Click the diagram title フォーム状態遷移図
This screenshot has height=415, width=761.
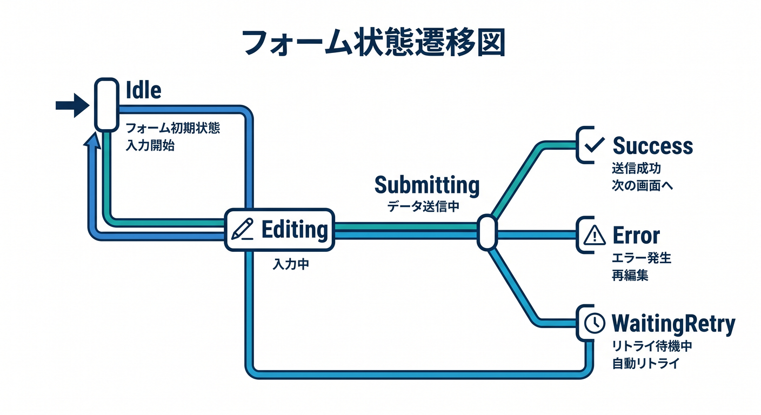373,43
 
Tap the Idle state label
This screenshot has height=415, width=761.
143,90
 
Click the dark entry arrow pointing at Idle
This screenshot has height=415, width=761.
72,105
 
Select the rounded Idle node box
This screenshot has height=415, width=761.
106,105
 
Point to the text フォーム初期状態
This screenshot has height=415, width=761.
173,128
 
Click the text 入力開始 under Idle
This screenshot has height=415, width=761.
150,145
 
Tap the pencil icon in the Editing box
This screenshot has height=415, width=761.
242,229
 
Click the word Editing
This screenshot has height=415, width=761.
295,230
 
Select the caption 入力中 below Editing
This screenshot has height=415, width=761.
291,264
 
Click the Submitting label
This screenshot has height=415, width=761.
427,185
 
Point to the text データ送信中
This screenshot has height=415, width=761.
423,206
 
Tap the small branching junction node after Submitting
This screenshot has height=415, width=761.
487,233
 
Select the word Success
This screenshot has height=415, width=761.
652,146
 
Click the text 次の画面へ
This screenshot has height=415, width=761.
642,185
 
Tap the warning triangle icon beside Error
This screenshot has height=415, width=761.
595,235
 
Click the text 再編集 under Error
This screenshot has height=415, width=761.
630,275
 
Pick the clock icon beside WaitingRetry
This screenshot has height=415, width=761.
595,323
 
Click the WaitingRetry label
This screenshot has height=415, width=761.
673,324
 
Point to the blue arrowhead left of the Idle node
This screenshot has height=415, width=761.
92,140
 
